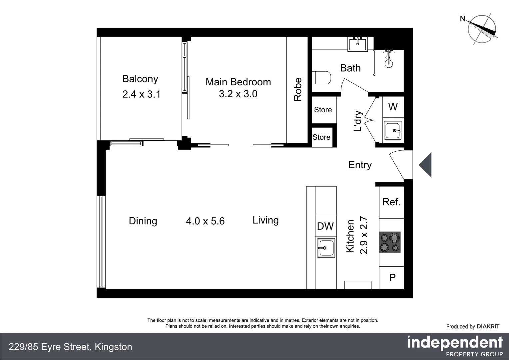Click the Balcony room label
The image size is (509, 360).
[x=140, y=79]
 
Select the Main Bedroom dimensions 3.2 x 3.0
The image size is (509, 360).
[x=238, y=94]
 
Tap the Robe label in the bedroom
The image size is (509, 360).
[x=297, y=89]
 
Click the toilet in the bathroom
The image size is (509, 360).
[x=322, y=78]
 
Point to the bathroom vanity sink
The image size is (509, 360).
[x=357, y=44]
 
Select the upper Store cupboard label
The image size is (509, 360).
[x=323, y=110]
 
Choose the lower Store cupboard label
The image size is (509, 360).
[x=321, y=137]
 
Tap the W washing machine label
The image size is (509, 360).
[x=393, y=107]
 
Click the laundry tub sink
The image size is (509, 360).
[x=393, y=130]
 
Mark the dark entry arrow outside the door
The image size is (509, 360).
[x=426, y=165]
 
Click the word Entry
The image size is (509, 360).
[x=360, y=165]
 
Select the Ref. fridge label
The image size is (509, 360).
[x=391, y=202]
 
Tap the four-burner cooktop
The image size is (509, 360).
[x=390, y=242]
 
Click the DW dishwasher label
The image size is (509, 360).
[x=325, y=226]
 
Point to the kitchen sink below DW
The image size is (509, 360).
[x=326, y=248]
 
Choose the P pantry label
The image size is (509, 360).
[x=392, y=277]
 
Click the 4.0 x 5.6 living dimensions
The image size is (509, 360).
[x=205, y=221]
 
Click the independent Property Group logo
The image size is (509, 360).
[x=455, y=346]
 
